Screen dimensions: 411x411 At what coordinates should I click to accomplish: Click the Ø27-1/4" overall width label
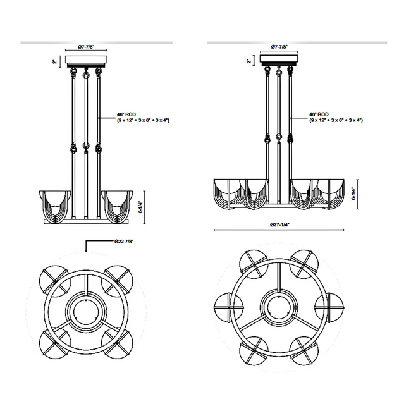pyautogui.click(x=278, y=224)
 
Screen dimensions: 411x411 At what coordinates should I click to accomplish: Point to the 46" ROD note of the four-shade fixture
pyautogui.click(x=143, y=117)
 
